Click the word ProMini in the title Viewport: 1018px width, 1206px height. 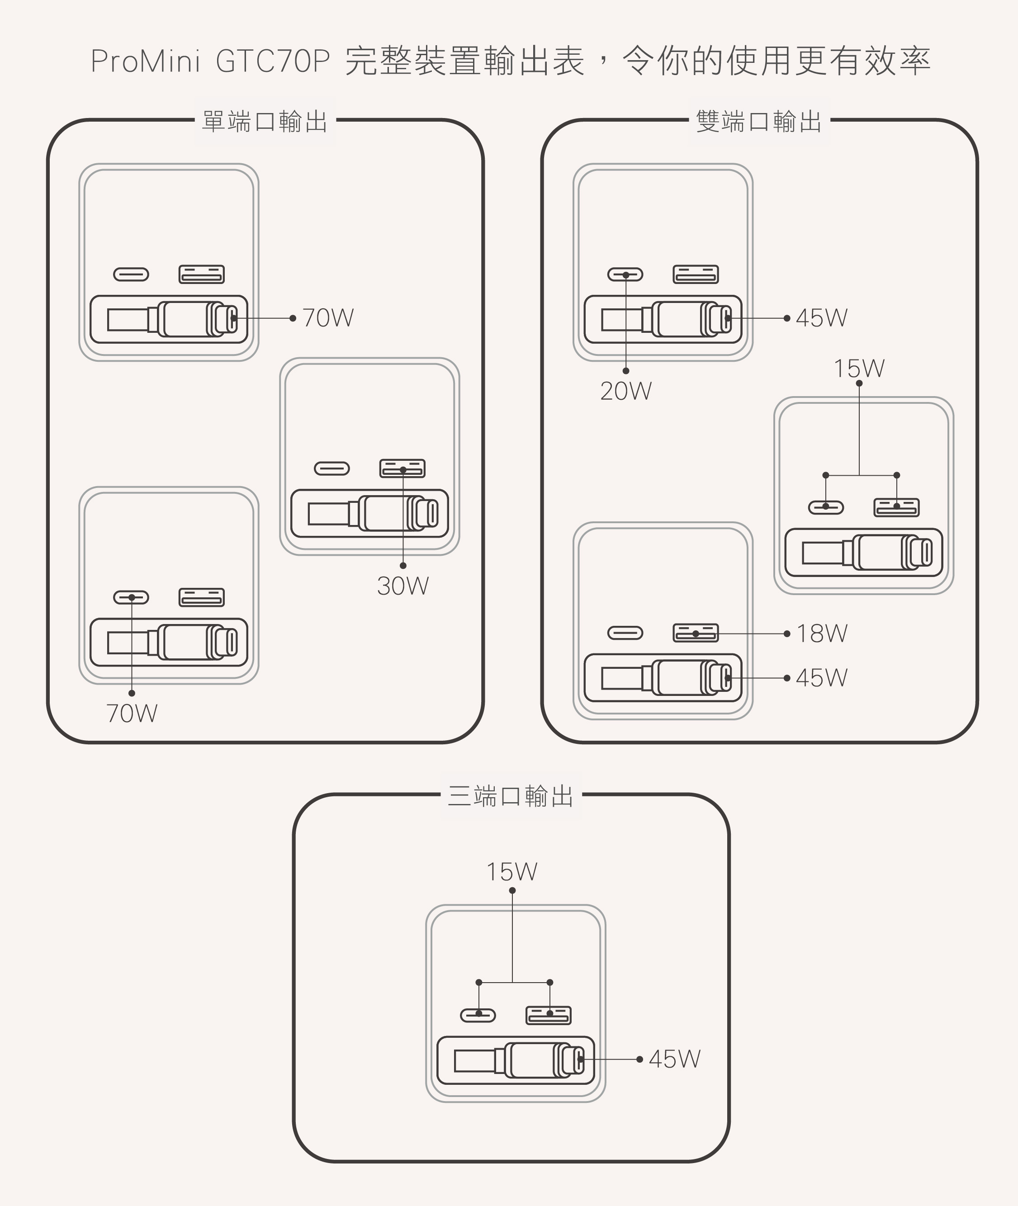(x=146, y=61)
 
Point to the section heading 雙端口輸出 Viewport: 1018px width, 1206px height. (x=759, y=122)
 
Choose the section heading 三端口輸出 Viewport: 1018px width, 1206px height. (x=511, y=796)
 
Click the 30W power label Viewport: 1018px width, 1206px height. (x=403, y=586)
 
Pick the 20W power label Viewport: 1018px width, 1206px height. (x=625, y=391)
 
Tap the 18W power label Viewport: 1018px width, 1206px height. (x=822, y=634)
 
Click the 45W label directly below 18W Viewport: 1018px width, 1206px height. (x=822, y=678)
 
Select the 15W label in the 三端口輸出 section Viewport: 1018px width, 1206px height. (x=512, y=872)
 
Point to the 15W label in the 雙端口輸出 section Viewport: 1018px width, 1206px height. (x=859, y=369)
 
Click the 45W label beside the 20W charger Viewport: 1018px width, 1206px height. (x=822, y=318)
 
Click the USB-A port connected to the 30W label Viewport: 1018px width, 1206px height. (x=402, y=468)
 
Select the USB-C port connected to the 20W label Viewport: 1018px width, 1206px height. (x=625, y=274)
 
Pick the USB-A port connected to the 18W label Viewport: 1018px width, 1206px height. (x=696, y=633)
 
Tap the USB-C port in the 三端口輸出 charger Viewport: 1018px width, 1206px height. (x=478, y=1015)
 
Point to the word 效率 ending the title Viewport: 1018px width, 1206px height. (x=897, y=61)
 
